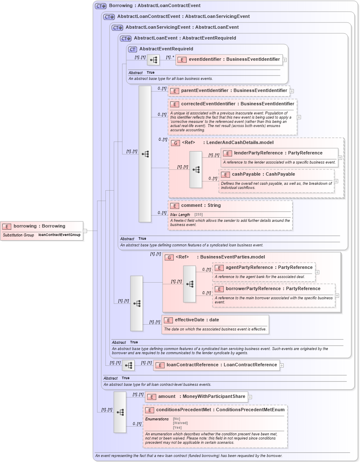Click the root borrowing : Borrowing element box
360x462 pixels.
(x=39, y=226)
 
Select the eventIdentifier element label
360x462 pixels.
(x=234, y=60)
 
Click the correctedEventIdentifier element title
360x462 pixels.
(x=237, y=104)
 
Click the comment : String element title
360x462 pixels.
(x=201, y=206)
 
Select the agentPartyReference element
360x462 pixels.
(x=269, y=268)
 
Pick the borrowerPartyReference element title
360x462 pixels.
(x=273, y=289)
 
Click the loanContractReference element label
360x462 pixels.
(x=222, y=365)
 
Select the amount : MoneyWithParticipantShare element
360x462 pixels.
(x=201, y=397)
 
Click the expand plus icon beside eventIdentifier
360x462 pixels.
(x=285, y=60)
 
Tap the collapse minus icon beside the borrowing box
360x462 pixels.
(x=85, y=231)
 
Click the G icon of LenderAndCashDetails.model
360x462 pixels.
(x=175, y=143)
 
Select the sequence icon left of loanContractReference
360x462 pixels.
(x=128, y=365)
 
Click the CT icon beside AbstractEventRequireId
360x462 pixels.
(x=132, y=49)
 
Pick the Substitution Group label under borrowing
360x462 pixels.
(x=18, y=235)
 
